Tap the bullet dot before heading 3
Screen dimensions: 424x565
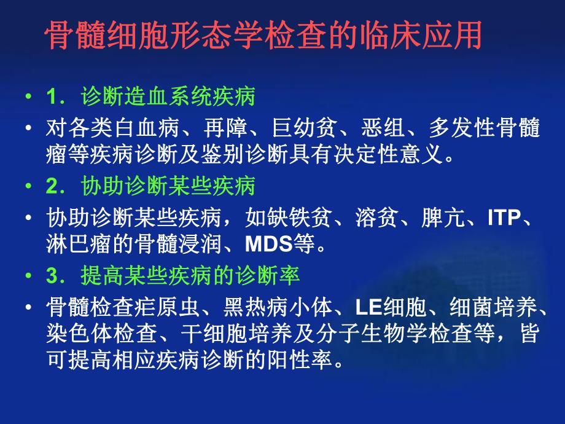[28, 277]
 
